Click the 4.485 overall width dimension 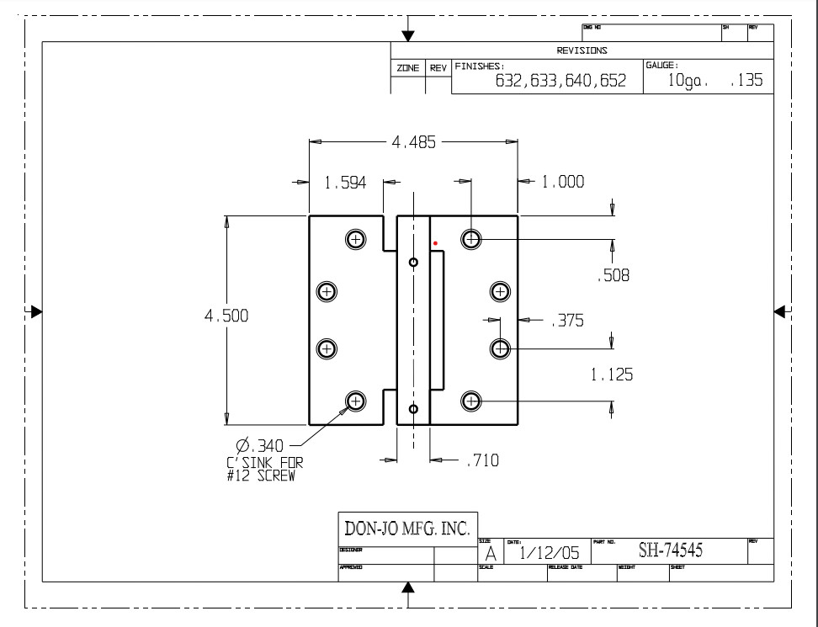point(413,142)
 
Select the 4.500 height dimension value point(226,316)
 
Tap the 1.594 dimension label point(345,182)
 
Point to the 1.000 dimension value point(562,182)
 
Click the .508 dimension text point(613,275)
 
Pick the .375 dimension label point(566,321)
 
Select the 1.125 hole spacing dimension point(612,375)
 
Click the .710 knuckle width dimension point(481,460)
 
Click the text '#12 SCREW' point(262,476)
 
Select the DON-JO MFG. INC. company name point(407,529)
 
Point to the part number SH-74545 point(671,551)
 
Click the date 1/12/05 point(550,553)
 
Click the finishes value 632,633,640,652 point(560,82)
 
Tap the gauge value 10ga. point(688,82)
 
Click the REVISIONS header point(582,50)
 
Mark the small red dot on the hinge point(436,244)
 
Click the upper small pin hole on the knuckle point(413,262)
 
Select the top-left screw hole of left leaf point(356,239)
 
